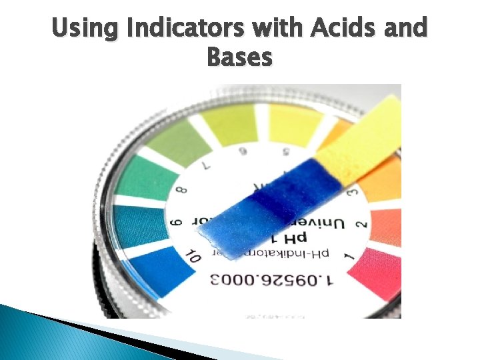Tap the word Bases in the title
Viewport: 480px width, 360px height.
(240, 58)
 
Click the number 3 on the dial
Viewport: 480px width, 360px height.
(354, 193)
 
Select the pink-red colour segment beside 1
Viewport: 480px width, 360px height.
(381, 274)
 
